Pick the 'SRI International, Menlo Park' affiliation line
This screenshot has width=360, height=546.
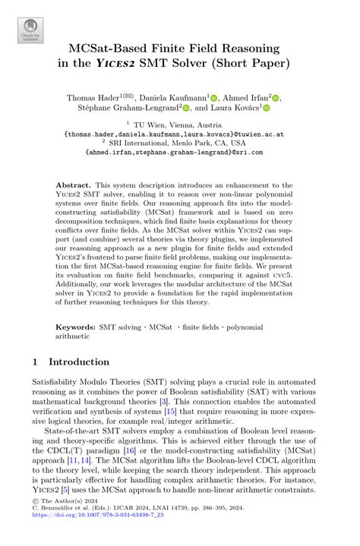(x=182, y=141)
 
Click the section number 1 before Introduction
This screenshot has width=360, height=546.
(x=36, y=361)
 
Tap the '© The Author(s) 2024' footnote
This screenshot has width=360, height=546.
(x=61, y=523)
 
